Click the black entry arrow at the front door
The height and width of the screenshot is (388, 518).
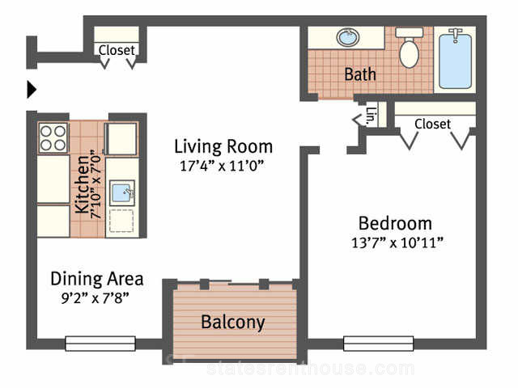pos(32,89)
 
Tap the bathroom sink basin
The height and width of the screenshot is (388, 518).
pos(348,37)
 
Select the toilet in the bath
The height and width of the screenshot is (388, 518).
pos(410,48)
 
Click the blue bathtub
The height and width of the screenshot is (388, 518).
pos(455,61)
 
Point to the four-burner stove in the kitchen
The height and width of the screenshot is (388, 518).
pos(53,138)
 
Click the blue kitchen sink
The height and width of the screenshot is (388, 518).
pos(122,192)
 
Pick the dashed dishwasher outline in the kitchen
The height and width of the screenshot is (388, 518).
pos(121,221)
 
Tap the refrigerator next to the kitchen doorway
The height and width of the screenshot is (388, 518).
pos(121,138)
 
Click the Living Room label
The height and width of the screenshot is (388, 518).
pos(223,147)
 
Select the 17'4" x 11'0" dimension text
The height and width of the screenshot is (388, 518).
pos(223,166)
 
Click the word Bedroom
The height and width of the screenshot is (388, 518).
pos(396,223)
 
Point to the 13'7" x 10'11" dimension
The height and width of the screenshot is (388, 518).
pos(397,242)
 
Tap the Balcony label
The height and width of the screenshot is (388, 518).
pos(233,322)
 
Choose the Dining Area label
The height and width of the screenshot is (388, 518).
pos(97,279)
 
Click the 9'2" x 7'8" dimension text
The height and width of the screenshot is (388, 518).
pos(96,298)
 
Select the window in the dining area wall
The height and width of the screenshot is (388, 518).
pos(100,344)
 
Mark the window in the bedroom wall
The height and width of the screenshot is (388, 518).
pos(379,344)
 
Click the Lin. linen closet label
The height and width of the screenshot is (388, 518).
pos(372,116)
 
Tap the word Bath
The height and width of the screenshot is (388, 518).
pos(360,74)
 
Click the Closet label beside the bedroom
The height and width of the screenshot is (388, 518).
pos(432,124)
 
